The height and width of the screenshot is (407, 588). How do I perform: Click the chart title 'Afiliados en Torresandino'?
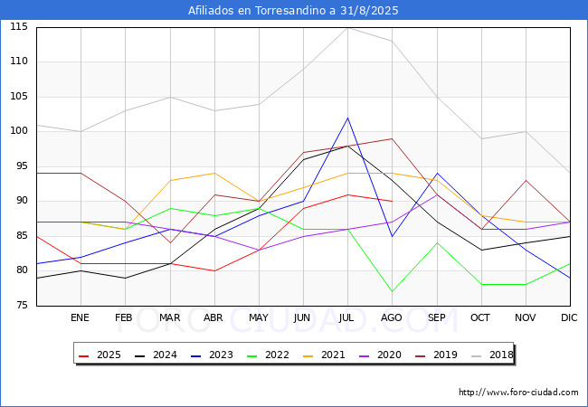point(293,11)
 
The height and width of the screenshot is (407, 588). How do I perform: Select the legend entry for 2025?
point(100,355)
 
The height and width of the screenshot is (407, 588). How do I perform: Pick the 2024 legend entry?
point(156,355)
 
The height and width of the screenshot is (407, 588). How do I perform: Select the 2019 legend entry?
point(437,355)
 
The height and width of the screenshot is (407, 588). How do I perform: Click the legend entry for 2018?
point(493,355)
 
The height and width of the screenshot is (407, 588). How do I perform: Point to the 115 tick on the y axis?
point(19,27)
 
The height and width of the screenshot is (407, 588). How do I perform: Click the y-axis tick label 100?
point(19,131)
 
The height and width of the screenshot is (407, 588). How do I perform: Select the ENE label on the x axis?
point(81,318)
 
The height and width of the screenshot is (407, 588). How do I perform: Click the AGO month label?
point(392,318)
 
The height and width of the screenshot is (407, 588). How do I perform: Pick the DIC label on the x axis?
point(569,318)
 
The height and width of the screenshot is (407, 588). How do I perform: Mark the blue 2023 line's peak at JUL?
point(347,118)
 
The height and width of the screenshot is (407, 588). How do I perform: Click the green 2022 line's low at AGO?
point(392,291)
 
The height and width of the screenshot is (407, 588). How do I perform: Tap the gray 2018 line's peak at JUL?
point(347,27)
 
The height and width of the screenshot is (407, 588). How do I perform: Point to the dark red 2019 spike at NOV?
point(525,180)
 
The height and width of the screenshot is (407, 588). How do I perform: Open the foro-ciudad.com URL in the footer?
point(518,393)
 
